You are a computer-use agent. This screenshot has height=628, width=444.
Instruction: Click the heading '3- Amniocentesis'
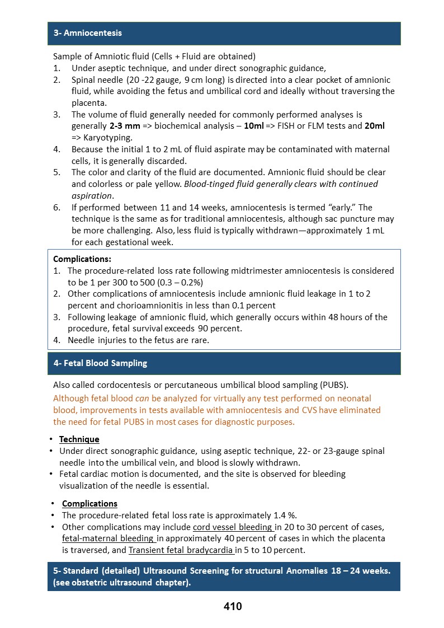pos(87,33)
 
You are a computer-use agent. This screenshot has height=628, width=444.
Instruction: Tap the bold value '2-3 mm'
pos(125,126)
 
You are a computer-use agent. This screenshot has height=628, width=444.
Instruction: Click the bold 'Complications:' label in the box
pos(82,259)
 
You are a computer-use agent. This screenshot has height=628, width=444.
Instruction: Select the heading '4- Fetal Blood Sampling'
pos(100,363)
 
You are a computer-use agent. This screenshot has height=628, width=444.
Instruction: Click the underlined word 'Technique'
pos(79,439)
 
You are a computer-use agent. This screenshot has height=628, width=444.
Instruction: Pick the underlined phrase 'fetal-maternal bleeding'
pos(108,538)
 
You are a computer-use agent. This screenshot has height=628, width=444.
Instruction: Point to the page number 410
pos(232,606)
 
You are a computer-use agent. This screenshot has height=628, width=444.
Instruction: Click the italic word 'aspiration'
pos(92,195)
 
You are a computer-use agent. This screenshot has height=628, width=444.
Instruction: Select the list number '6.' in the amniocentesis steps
pos(57,208)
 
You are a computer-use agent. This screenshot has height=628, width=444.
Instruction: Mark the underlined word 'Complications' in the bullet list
pos(89,504)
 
